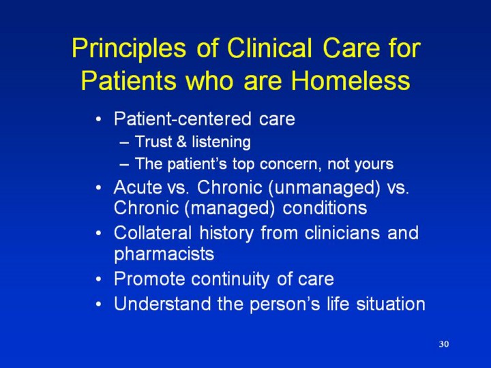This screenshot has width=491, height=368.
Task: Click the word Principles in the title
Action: tap(129, 48)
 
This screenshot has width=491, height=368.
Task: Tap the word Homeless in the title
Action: tap(351, 80)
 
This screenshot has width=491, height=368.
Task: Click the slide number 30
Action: tap(444, 344)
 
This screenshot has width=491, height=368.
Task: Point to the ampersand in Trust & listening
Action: tap(181, 142)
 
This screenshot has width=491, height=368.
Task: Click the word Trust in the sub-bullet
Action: tap(153, 142)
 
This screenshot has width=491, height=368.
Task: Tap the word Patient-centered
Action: tap(183, 119)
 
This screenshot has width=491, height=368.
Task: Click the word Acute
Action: tap(136, 187)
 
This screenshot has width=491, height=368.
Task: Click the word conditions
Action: tap(325, 208)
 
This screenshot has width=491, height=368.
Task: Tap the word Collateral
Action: tap(153, 233)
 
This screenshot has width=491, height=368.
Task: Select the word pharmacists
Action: tap(164, 254)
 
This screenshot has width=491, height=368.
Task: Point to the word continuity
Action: tap(230, 279)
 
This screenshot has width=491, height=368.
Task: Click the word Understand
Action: tap(162, 304)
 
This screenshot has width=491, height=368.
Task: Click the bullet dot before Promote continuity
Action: tap(99, 279)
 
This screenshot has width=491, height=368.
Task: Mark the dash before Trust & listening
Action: tap(124, 142)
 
